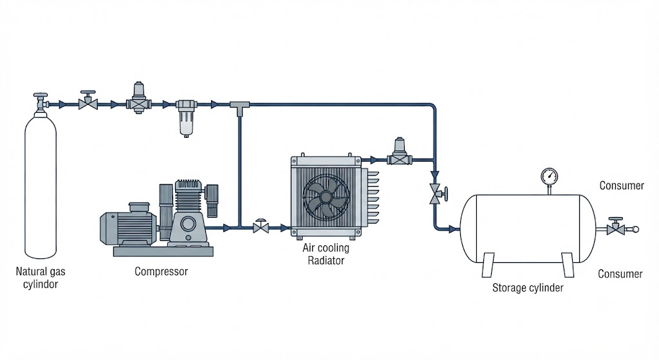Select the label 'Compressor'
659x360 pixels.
(161, 271)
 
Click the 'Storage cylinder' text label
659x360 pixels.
(528, 288)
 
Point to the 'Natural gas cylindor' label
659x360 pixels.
(41, 278)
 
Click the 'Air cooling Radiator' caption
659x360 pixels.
(326, 254)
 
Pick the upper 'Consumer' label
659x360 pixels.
(622, 185)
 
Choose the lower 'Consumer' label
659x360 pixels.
(620, 274)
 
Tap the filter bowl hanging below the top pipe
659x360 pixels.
(186, 118)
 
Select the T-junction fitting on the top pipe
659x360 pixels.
(239, 108)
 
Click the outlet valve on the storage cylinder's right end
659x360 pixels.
(618, 227)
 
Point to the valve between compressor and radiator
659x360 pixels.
(261, 226)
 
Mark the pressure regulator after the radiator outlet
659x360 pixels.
(399, 151)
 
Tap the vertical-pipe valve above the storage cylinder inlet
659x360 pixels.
(437, 193)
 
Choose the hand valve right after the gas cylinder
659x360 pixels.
(88, 101)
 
